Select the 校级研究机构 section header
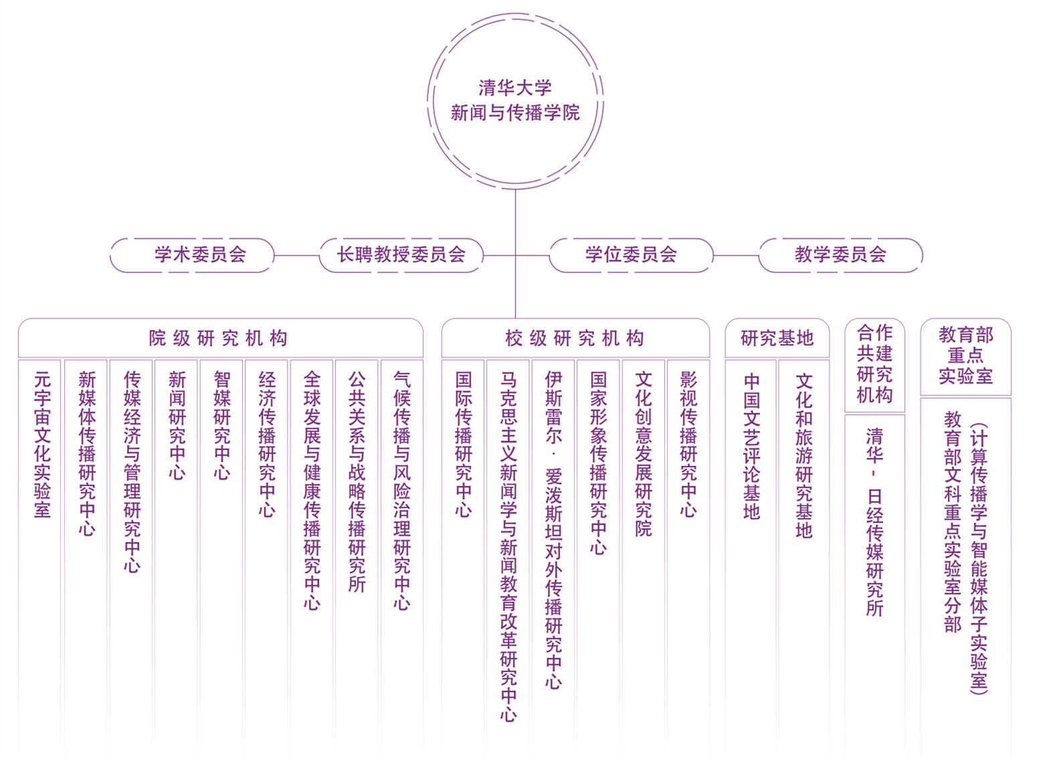tap(575, 338)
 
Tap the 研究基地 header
tap(777, 338)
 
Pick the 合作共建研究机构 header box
tap(875, 365)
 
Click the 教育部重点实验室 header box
tap(965, 357)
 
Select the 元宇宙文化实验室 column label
tap(42, 445)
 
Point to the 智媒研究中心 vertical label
tap(222, 425)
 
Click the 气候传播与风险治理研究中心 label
tap(402, 491)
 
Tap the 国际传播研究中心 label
tap(464, 445)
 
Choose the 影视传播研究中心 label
tap(688, 445)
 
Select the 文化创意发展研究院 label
tap(644, 454)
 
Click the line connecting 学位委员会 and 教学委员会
tap(736, 255)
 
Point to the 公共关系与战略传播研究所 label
tap(357, 482)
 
